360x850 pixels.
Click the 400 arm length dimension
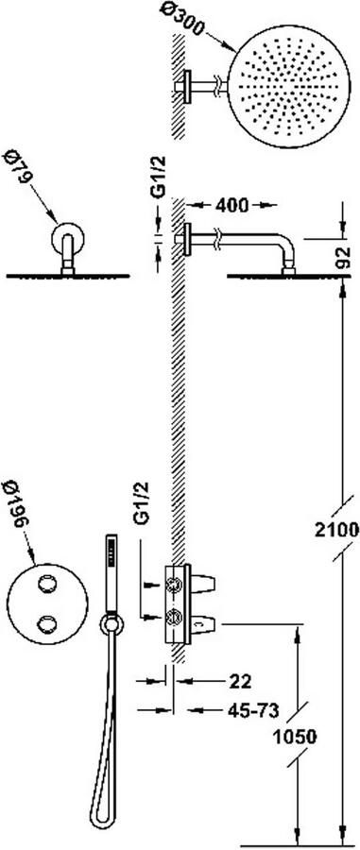pos(231,205)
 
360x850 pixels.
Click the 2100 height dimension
pos(336,530)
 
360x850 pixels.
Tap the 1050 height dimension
pos(295,737)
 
